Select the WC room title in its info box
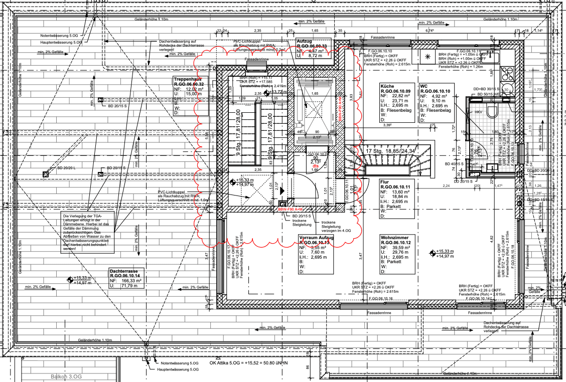pyautogui.click(x=424, y=86)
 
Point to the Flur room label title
pyautogui.click(x=385, y=182)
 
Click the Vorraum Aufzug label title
pyautogui.click(x=316, y=238)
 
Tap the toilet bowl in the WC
pyautogui.click(x=491, y=109)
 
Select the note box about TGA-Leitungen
pyautogui.click(x=86, y=233)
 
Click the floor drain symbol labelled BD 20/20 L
pyautogui.click(x=46, y=174)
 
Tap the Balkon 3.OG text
pyautogui.click(x=65, y=376)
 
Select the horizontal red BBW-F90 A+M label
pyautogui.click(x=291, y=210)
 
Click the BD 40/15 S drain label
pyautogui.click(x=454, y=164)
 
